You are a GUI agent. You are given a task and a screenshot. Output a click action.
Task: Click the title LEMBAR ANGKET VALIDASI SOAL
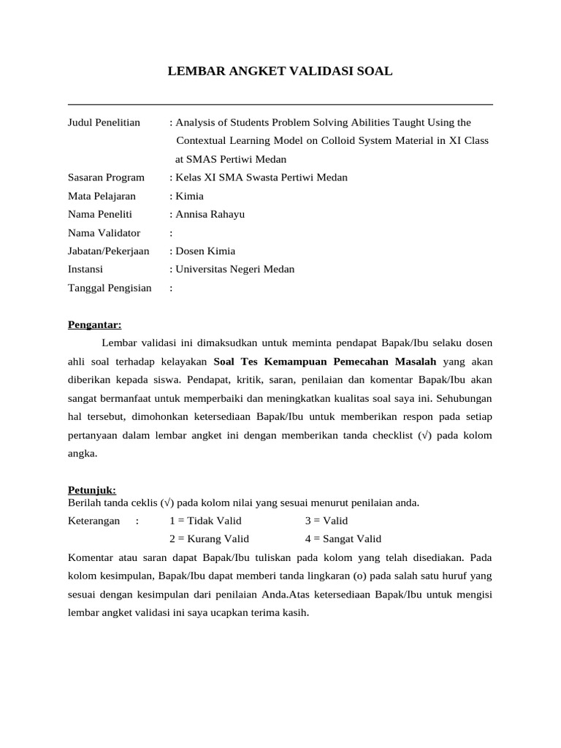point(280,71)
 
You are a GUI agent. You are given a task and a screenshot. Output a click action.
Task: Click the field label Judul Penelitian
point(104,122)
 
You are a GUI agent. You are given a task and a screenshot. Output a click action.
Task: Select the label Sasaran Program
point(106,178)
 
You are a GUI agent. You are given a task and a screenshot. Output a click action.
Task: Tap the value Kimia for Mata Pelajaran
point(189,196)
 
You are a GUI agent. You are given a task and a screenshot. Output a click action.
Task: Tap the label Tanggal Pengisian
point(110,288)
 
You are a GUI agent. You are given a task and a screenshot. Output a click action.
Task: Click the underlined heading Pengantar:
point(95,324)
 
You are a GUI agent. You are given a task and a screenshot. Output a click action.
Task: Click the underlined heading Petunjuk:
point(92,490)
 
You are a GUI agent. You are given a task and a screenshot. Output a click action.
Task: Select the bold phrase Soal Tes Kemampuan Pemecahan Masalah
point(325,361)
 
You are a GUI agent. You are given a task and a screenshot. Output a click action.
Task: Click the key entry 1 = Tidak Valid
point(205,521)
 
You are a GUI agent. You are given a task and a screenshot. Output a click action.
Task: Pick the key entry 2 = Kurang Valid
point(209,539)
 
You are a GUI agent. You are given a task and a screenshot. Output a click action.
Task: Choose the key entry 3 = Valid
point(327,521)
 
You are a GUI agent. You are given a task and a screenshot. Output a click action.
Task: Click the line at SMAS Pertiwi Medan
point(231,159)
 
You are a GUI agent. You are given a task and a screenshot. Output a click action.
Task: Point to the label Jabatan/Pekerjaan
point(108,251)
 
